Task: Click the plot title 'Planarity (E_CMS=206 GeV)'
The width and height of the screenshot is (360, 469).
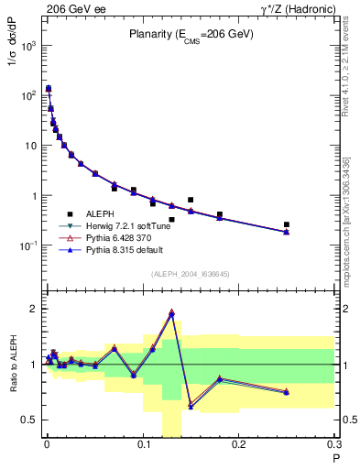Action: click(191, 36)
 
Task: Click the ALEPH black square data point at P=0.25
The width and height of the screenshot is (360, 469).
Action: click(287, 224)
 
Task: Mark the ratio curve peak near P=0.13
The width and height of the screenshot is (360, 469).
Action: click(171, 312)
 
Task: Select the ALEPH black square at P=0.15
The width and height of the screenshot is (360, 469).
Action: click(191, 200)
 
